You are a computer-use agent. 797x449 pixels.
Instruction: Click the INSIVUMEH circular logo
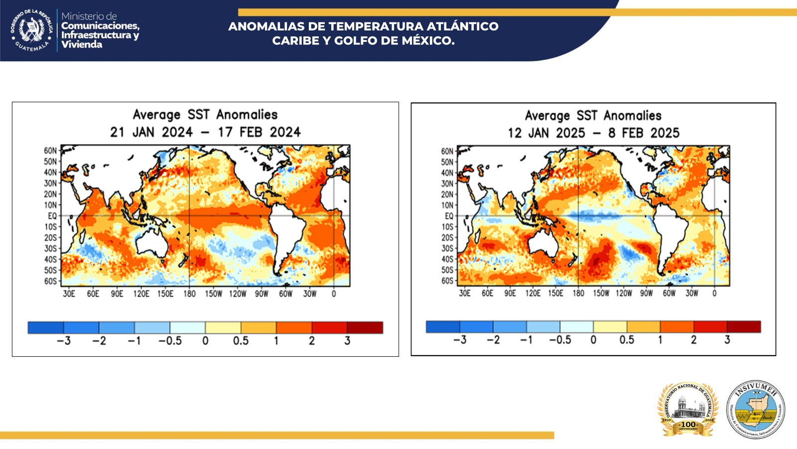click(x=756, y=409)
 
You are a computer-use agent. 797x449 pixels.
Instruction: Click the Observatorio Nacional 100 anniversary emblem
click(x=688, y=409)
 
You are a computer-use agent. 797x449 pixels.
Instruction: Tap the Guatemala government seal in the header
click(x=31, y=30)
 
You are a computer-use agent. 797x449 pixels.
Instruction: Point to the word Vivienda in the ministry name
click(x=82, y=44)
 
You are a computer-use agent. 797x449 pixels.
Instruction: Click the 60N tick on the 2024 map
click(x=50, y=151)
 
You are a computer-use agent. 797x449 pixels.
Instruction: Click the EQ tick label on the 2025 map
click(x=449, y=216)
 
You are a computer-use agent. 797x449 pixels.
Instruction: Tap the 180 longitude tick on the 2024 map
click(x=189, y=294)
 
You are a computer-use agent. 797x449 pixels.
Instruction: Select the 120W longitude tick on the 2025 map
click(x=624, y=293)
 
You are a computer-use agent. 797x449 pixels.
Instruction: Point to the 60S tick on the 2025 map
click(x=447, y=281)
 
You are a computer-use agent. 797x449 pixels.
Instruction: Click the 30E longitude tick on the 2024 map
click(x=69, y=294)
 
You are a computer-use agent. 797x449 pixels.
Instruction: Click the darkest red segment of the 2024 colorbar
click(x=365, y=327)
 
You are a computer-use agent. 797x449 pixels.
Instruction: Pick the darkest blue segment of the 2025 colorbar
click(x=442, y=327)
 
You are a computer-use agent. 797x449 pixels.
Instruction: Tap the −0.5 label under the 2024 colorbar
click(x=170, y=341)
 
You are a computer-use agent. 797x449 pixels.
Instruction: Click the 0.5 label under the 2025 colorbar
click(x=627, y=340)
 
